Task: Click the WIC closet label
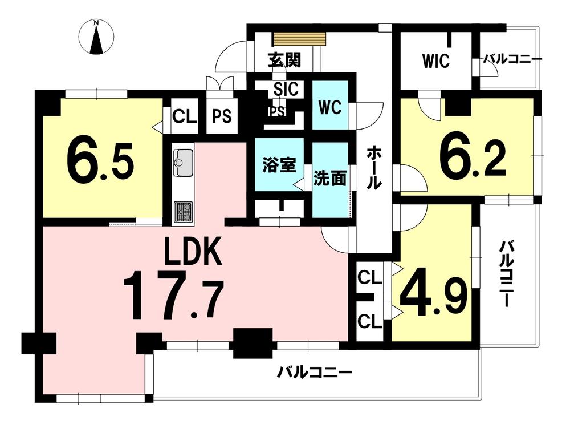tap(436, 60)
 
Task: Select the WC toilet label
tap(331, 107)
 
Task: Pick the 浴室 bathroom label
tap(279, 166)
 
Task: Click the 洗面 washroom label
tap(330, 178)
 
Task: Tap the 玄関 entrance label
tap(284, 59)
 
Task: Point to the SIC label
tap(284, 89)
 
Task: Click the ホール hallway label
tap(374, 166)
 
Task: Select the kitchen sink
tap(183, 159)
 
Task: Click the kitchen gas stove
tap(183, 211)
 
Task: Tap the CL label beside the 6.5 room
tap(184, 116)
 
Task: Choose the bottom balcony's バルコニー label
tap(315, 373)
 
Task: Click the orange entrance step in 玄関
tap(299, 39)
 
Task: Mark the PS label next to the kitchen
tap(222, 116)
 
